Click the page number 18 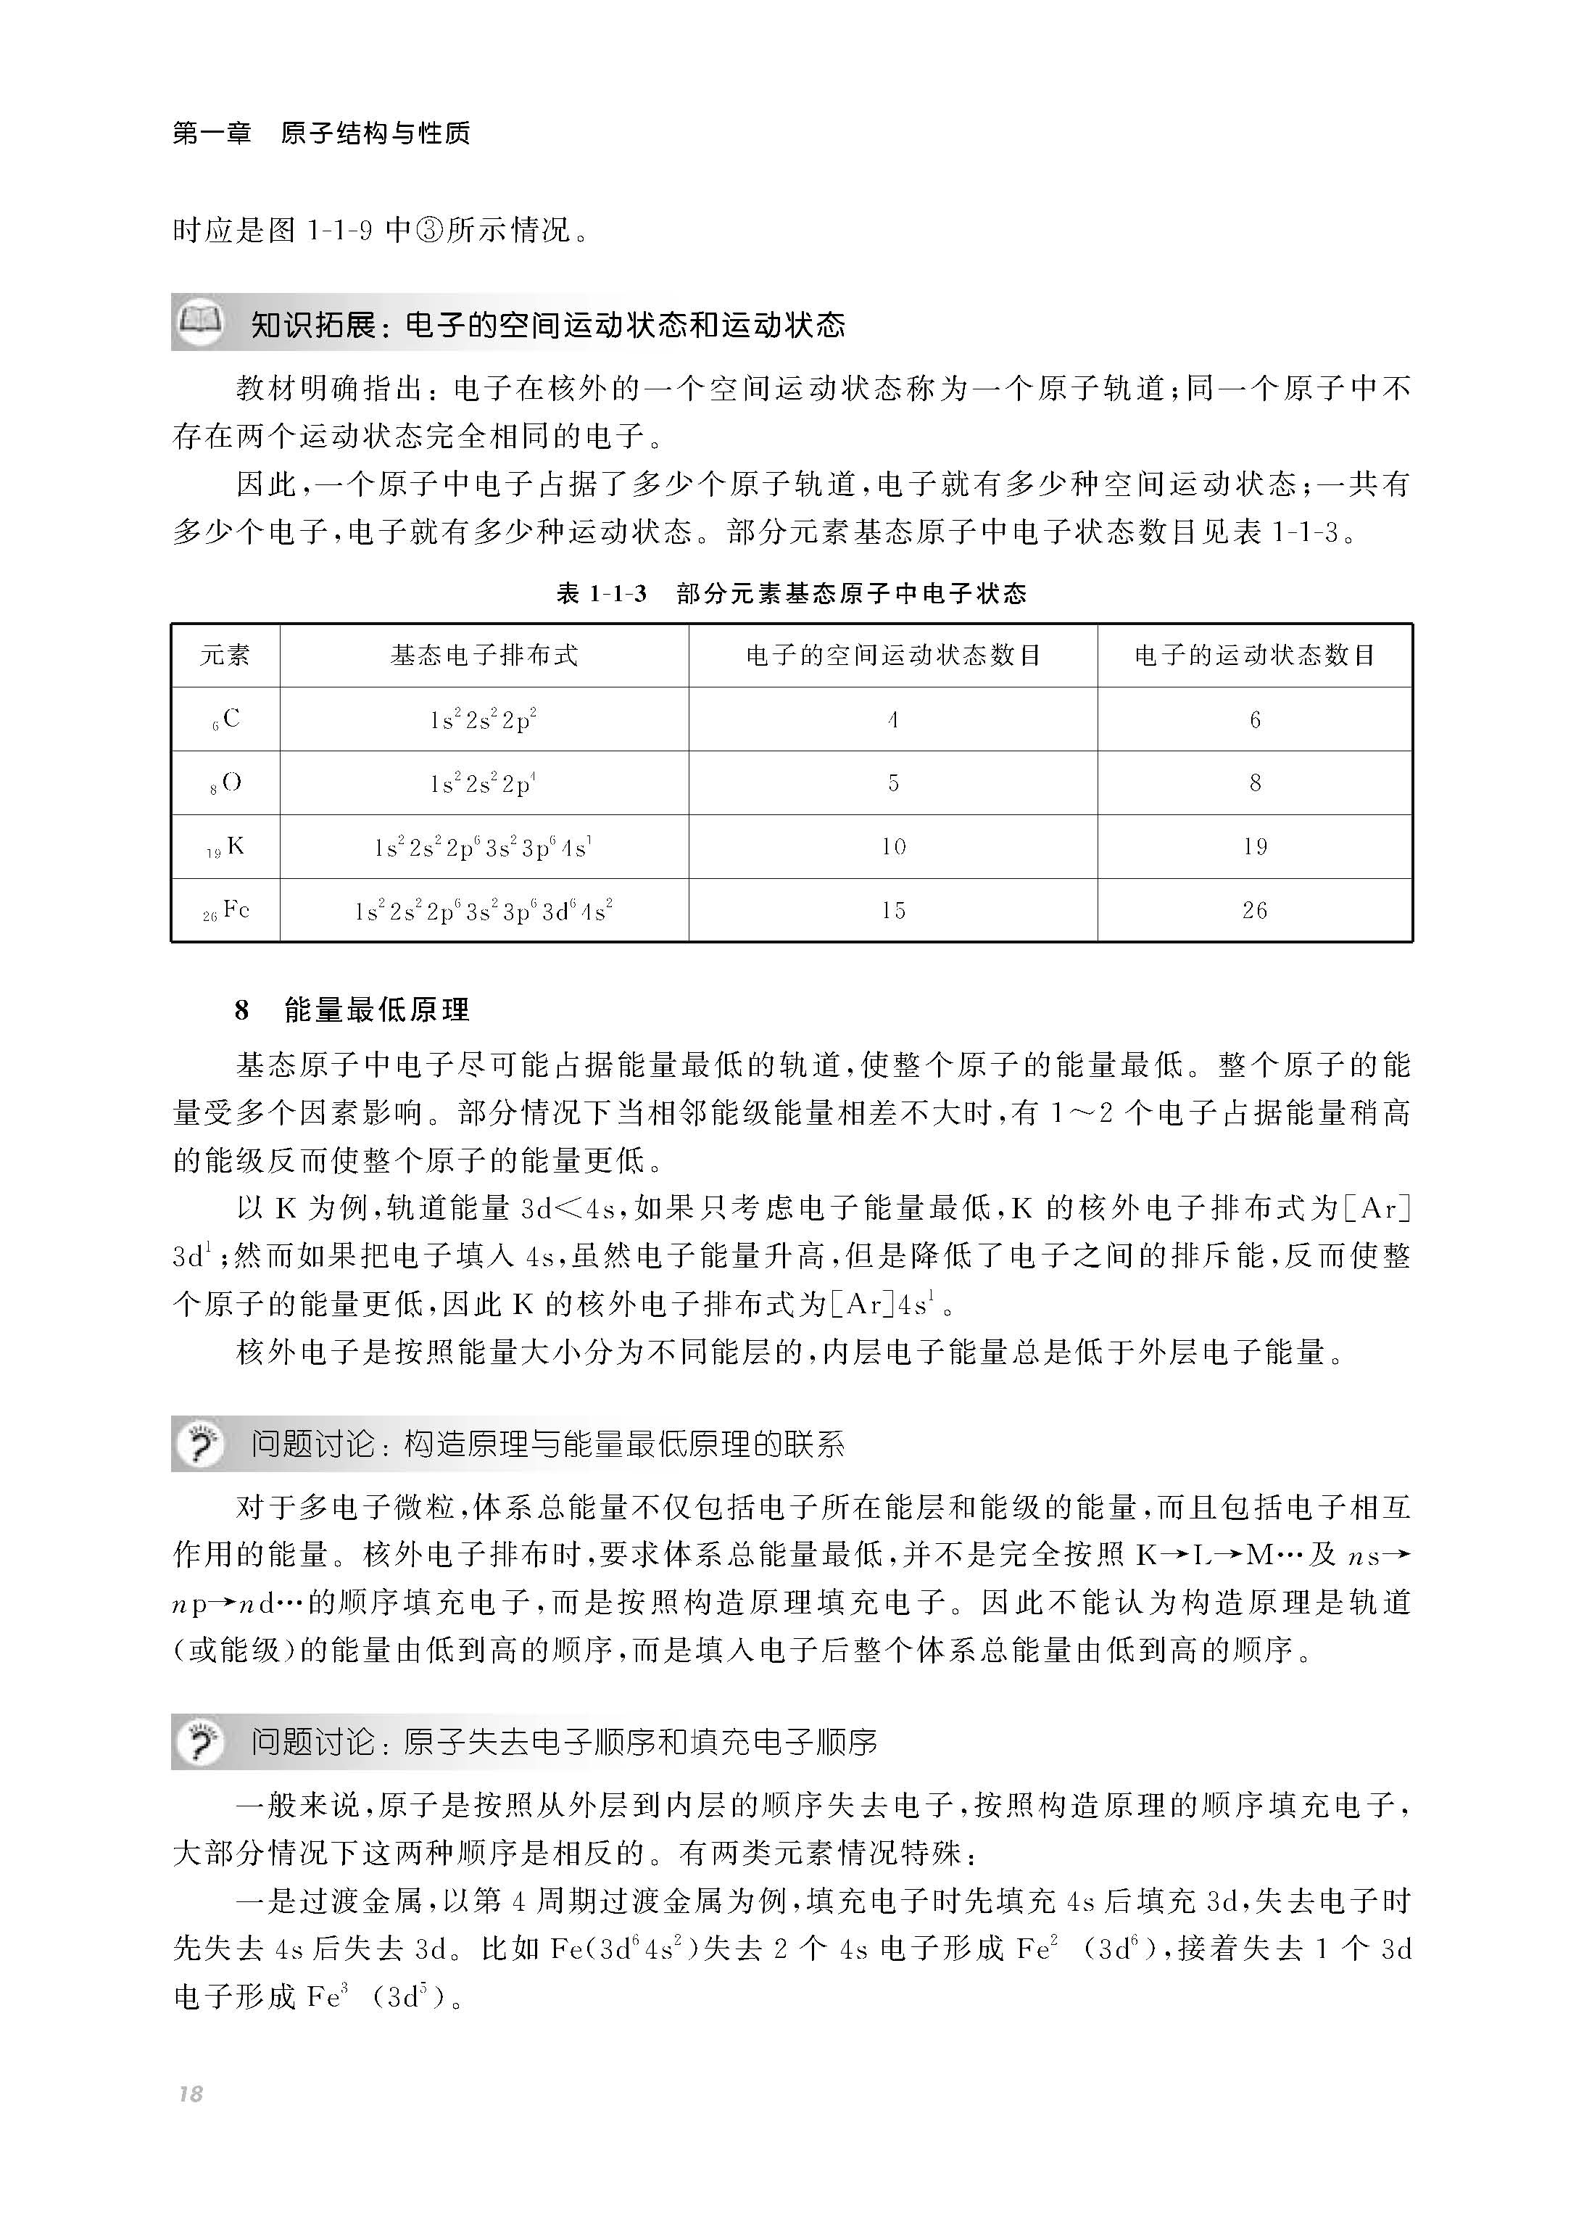tap(190, 2094)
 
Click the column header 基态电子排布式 tap(484, 656)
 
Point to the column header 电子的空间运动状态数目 tap(892, 656)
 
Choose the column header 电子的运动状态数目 tap(1254, 656)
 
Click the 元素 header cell tap(225, 656)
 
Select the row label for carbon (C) tap(226, 720)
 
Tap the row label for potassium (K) tap(226, 847)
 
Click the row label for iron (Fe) tap(226, 911)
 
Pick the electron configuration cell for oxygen tap(484, 783)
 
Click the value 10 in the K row tap(893, 847)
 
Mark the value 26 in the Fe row tap(1254, 911)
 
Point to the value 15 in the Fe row tap(893, 911)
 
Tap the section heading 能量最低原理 tap(376, 1009)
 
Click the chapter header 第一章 tap(212, 133)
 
